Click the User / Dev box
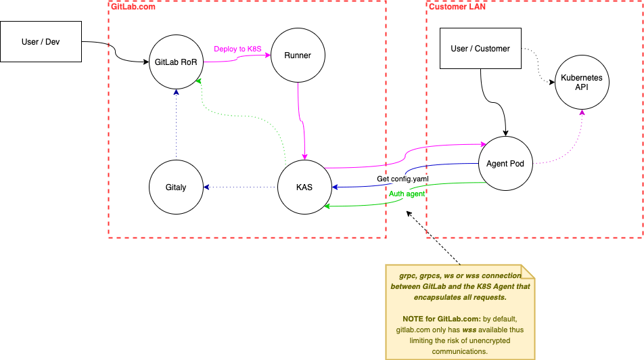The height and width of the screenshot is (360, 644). (x=41, y=42)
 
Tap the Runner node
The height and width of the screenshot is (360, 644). (x=298, y=55)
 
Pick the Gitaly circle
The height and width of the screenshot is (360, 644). (x=177, y=187)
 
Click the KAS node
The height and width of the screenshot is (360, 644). (x=304, y=187)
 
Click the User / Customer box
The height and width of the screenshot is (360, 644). (x=481, y=49)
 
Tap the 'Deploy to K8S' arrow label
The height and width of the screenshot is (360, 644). (x=237, y=49)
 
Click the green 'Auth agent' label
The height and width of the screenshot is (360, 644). (x=407, y=194)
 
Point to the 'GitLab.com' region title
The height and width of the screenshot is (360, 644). (x=133, y=7)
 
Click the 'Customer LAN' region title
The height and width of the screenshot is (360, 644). (x=457, y=7)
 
